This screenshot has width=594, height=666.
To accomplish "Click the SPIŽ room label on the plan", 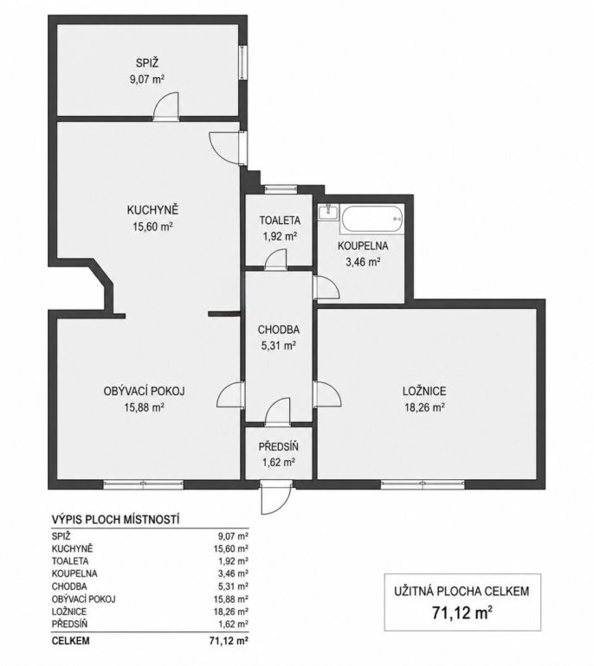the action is [147, 63].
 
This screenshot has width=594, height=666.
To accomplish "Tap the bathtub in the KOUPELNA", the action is [371, 219].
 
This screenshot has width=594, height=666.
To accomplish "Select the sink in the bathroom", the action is [329, 212].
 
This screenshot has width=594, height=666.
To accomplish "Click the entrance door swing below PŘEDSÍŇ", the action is [276, 498].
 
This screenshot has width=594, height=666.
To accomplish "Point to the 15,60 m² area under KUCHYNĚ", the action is [152, 227].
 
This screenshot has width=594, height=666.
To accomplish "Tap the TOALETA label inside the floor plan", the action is [280, 221].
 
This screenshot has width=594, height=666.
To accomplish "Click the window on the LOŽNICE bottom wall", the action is [423, 483].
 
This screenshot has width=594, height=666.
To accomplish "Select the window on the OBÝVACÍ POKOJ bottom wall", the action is [143, 483].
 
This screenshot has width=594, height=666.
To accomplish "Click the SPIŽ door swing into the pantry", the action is [166, 105].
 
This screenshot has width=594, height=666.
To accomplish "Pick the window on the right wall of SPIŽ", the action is [242, 62].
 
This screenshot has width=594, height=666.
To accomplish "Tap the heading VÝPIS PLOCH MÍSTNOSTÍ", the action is [115, 519].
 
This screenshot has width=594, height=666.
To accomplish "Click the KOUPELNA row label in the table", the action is [74, 573].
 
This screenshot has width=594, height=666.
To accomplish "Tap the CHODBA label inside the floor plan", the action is [279, 330].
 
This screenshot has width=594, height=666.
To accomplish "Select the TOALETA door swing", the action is [275, 259].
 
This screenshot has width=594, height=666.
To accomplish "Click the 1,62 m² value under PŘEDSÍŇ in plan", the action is [278, 462].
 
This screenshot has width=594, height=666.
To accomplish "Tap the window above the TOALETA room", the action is [280, 189].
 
